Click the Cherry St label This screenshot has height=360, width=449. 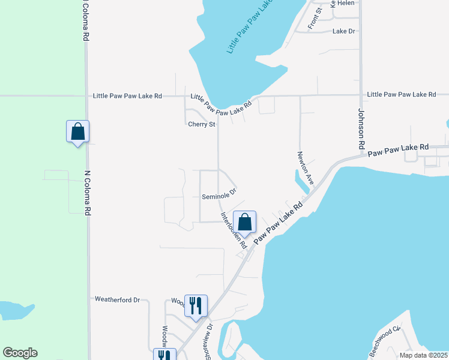201,125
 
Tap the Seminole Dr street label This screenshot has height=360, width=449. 219,195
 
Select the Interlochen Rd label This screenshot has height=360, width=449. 233,230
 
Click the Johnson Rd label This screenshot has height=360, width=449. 361,128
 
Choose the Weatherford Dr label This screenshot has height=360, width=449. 117,299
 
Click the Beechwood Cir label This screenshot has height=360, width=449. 384,342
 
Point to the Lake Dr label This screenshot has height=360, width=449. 344,31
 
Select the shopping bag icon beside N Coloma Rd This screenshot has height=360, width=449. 77,131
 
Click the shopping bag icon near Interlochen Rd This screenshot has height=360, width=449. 245,222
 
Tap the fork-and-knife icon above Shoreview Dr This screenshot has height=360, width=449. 196,306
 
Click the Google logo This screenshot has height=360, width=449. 20,353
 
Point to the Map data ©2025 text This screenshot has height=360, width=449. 423,355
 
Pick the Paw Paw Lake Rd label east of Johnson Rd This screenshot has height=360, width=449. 399,150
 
